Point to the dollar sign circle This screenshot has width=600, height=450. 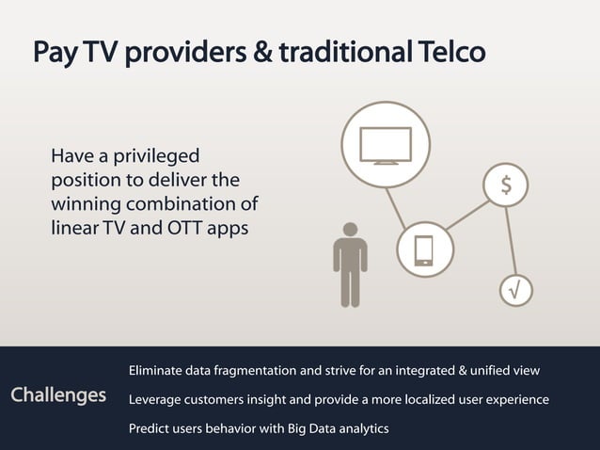(506, 185)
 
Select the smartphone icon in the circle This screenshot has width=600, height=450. (423, 249)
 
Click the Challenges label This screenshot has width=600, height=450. (58, 394)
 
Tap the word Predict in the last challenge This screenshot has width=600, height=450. (150, 429)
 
